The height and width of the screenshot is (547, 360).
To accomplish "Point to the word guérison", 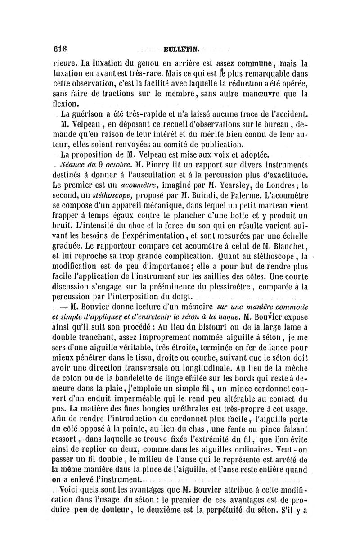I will (88, 114).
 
